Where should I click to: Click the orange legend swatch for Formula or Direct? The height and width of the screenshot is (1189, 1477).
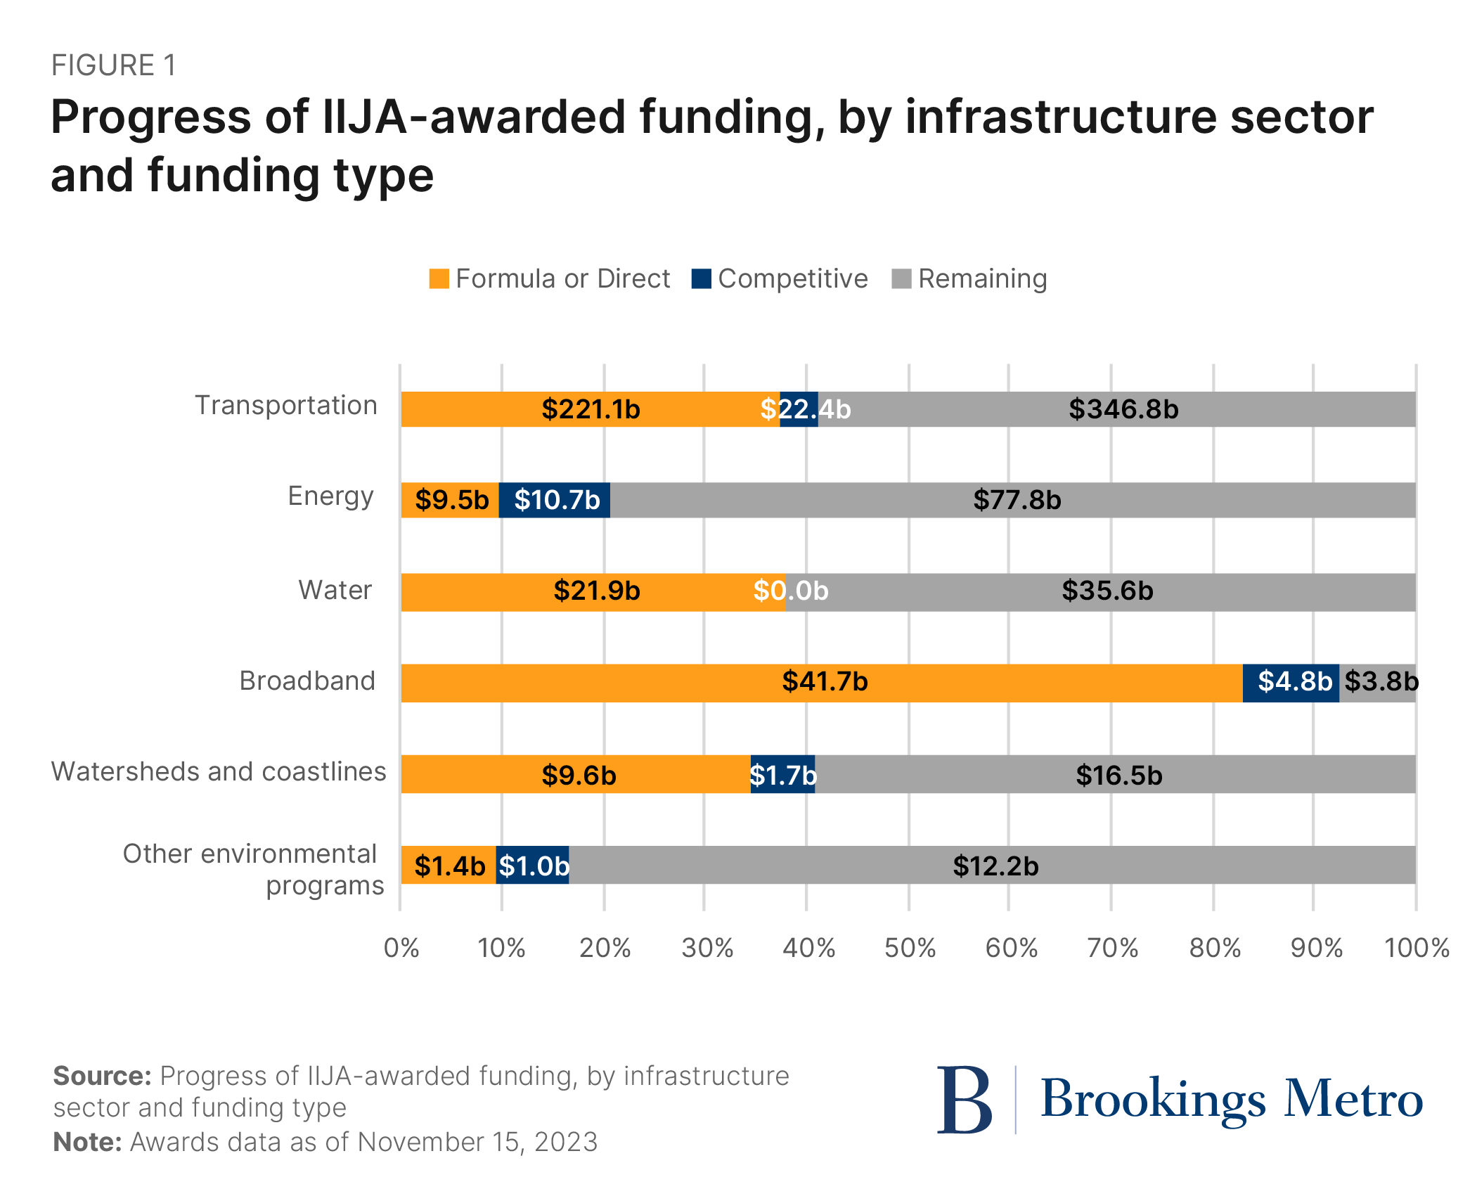(439, 278)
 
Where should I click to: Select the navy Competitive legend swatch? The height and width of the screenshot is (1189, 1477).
(701, 278)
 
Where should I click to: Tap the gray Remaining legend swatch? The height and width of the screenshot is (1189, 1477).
(901, 278)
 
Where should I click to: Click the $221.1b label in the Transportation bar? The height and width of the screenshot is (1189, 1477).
(591, 409)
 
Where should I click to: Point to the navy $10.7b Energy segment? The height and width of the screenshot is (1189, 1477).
(556, 500)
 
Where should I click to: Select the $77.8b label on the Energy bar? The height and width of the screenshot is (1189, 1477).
(1017, 500)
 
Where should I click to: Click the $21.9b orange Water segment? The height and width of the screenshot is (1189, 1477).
(596, 591)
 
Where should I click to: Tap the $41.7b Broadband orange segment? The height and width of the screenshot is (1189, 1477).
(825, 681)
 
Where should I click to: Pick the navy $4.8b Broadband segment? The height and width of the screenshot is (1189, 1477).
(1294, 681)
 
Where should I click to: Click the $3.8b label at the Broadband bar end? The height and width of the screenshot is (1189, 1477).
(1381, 681)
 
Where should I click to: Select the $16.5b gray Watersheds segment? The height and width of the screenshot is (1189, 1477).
(1118, 775)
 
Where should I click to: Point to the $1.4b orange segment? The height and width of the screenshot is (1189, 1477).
(449, 866)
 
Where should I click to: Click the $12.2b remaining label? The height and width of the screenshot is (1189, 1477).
(995, 866)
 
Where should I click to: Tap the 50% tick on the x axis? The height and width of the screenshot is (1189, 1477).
(909, 949)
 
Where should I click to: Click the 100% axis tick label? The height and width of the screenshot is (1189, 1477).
(1416, 949)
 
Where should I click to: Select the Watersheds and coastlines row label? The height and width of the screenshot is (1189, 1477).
(219, 771)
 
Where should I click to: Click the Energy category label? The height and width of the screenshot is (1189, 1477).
(330, 496)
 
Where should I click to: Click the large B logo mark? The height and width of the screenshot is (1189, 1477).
(964, 1099)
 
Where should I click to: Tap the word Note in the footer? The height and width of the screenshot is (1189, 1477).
(87, 1142)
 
